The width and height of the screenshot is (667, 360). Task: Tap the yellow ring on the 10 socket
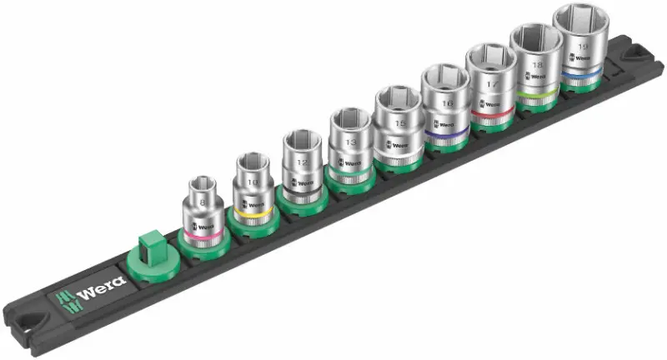tap(251, 215)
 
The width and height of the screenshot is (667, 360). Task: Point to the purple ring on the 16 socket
tap(447, 131)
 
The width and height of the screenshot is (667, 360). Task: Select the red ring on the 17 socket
tap(493, 110)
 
